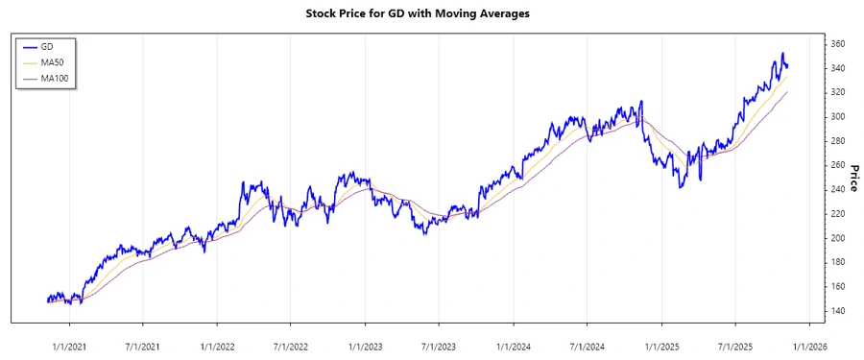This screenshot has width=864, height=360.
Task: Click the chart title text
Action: coord(431,14)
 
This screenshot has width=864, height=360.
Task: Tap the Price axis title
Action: coord(852,178)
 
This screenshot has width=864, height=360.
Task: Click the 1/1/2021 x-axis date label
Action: coord(69,346)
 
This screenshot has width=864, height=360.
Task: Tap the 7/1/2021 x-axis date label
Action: coord(143,346)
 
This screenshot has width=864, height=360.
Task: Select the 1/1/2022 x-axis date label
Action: coord(218,346)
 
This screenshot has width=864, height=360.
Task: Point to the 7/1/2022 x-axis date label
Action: coord(291,346)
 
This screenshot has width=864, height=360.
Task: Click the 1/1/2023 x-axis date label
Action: coord(366,346)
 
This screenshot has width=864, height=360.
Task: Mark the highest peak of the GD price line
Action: coord(782,53)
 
